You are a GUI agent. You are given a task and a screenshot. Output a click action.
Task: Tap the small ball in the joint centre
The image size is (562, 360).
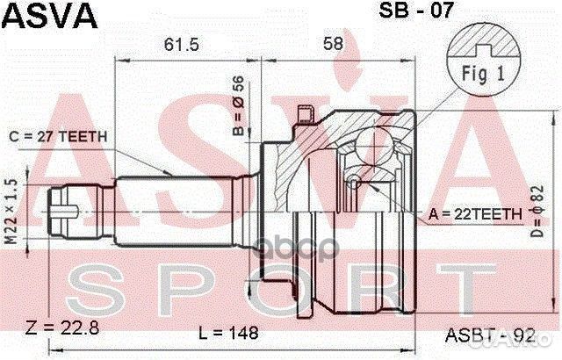coord(353,182)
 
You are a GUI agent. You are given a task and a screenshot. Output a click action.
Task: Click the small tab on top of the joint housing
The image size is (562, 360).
coord(306,115)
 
